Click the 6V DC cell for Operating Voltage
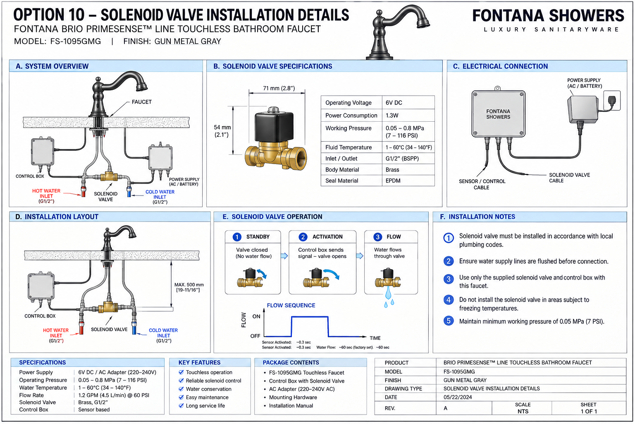[x=394, y=103]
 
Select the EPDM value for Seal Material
[x=393, y=181]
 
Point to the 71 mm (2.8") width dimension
[x=279, y=88]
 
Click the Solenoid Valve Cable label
[x=569, y=178]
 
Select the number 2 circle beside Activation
[x=303, y=237]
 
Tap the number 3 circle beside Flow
[x=377, y=237]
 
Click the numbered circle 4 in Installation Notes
[x=449, y=300]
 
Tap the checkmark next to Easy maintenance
[x=181, y=397]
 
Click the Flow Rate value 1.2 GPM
[x=114, y=395]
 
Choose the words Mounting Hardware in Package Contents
[x=293, y=397]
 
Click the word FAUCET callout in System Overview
[x=142, y=102]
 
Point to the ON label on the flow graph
[x=256, y=316]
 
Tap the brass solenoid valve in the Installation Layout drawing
[x=108, y=308]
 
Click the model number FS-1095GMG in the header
[x=75, y=41]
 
